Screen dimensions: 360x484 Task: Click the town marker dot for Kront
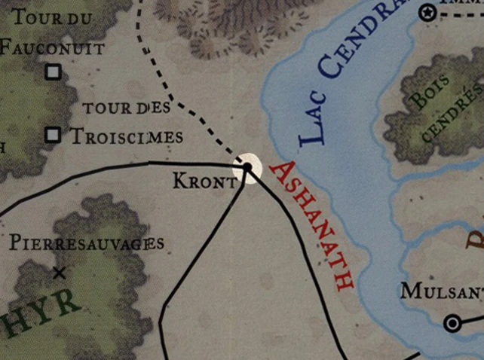247,167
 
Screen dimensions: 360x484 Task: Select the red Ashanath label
311,225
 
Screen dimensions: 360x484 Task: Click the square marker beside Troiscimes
53,135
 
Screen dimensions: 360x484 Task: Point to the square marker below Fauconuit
53,72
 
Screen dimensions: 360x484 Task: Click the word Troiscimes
126,136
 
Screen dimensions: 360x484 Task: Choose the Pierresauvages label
87,243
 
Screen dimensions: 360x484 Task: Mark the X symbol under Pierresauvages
59,272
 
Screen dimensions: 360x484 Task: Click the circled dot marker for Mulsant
452,323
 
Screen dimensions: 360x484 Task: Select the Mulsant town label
442,291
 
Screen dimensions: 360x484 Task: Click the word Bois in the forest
427,93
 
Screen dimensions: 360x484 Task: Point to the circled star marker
428,12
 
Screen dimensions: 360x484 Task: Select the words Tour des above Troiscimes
127,108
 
